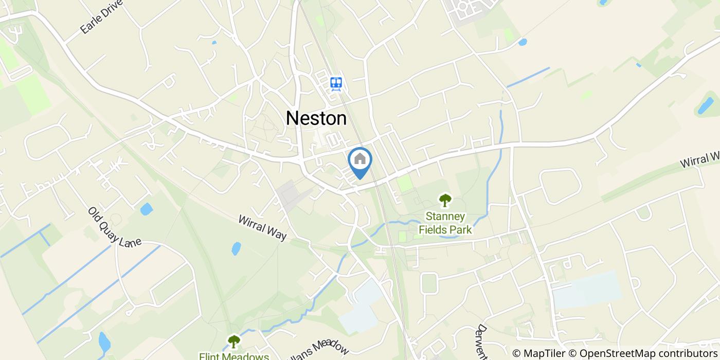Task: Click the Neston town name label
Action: point(316,118)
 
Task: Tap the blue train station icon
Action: point(336,83)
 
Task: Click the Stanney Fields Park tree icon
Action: point(445,200)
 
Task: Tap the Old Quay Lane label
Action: point(114,227)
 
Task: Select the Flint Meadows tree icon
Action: point(234,340)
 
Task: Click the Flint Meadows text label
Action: point(234,356)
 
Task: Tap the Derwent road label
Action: point(482,342)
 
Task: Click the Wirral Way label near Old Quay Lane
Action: point(262,227)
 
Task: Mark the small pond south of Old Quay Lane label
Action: point(147,209)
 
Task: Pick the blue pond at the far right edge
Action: point(704,105)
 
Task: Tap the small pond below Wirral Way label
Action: point(236,249)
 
